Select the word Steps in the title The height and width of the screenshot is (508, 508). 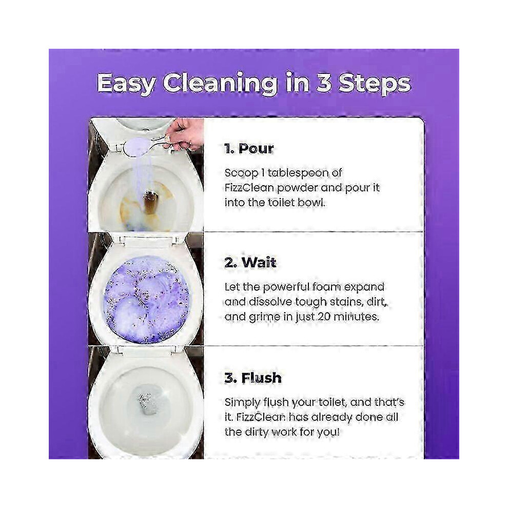coord(375,84)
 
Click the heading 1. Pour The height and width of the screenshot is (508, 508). coord(249,149)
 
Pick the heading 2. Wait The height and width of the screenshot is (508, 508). coord(250,262)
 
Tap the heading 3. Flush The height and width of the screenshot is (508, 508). coord(252,378)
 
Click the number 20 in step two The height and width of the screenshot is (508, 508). coord(324,317)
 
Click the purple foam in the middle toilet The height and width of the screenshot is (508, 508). coord(146,298)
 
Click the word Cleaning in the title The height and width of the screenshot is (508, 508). coord(220,84)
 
